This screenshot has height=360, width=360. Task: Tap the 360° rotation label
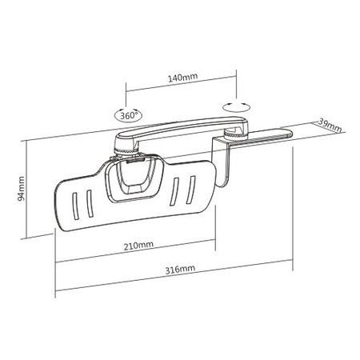click(x=129, y=114)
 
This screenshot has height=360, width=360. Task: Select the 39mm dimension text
click(x=330, y=125)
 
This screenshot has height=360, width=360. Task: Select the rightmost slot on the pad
click(x=190, y=189)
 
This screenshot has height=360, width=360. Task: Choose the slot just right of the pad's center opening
click(x=175, y=190)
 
